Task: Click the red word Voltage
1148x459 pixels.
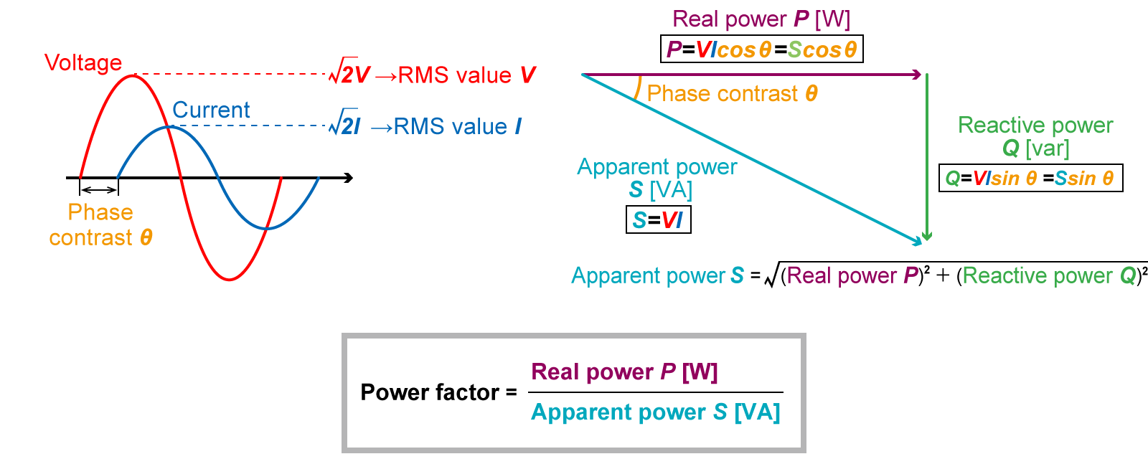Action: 83,63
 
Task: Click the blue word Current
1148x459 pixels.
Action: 211,110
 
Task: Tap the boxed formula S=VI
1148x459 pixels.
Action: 658,219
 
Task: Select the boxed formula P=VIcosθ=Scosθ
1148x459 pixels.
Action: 761,49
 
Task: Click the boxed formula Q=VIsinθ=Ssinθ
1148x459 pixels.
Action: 1030,178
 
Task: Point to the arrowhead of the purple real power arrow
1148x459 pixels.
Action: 916,75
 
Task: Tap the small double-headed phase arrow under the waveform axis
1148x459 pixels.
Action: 99,189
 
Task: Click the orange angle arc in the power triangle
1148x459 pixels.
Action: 637,88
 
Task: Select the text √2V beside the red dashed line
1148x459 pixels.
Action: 349,74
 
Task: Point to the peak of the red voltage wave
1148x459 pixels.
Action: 133,75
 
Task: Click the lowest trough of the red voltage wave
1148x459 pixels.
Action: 229,279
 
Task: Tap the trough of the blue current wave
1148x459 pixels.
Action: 267,229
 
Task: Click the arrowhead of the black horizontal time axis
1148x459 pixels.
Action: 349,177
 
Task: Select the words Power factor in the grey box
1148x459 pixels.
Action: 430,392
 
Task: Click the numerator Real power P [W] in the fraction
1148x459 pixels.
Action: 624,372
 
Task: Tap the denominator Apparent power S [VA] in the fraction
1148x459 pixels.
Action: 655,412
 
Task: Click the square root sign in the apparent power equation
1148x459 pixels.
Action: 771,276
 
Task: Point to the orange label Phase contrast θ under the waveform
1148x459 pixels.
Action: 100,224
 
